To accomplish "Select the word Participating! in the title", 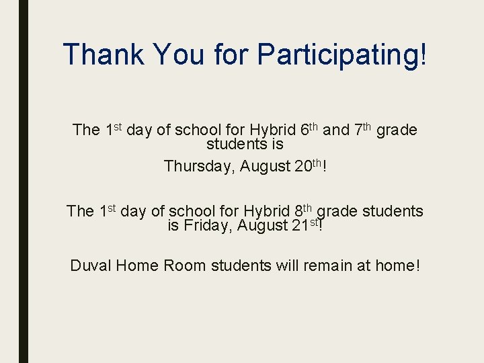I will pyautogui.click(x=341, y=54).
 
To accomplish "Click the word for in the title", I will pyautogui.click(x=232, y=54).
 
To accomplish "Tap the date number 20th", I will pyautogui.click(x=309, y=165).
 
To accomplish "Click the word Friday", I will pyautogui.click(x=204, y=226).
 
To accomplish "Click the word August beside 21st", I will pyautogui.click(x=261, y=226).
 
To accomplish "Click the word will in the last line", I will pyautogui.click(x=287, y=266).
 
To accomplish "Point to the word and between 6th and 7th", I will pyautogui.click(x=335, y=130).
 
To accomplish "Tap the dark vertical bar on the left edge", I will pyautogui.click(x=24, y=182).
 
